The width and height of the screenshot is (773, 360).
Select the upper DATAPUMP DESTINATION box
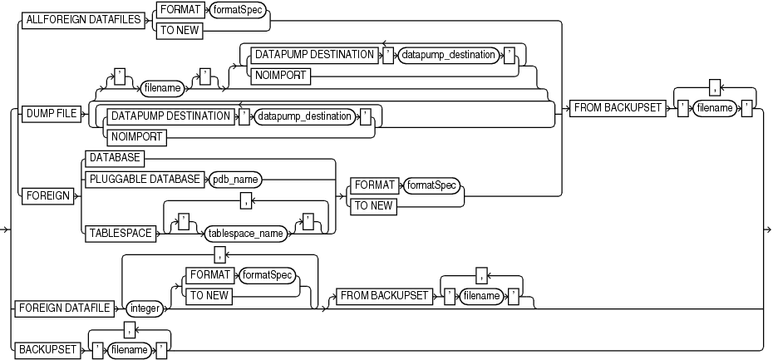302,54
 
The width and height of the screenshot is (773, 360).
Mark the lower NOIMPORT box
133,136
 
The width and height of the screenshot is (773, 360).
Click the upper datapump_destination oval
450,54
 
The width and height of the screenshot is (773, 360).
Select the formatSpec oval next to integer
268,273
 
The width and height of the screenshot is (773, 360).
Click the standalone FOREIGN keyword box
47,196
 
